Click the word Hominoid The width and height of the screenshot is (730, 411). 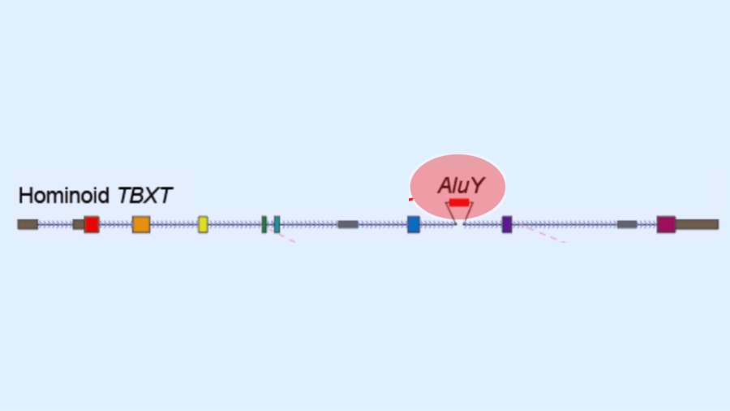coord(63,196)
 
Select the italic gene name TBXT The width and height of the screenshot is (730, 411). coord(145,196)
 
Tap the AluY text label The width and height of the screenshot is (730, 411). coord(461,185)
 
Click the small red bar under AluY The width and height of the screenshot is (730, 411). coord(459,202)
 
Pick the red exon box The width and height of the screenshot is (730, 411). coord(92,224)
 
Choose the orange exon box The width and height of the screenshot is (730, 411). coord(141,224)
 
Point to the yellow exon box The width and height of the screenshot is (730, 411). coord(203,224)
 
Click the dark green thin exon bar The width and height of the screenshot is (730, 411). coord(264,224)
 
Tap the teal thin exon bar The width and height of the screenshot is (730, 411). coord(277,224)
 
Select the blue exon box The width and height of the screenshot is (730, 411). coord(414,224)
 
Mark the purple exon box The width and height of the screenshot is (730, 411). coord(507,224)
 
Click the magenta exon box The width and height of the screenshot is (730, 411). coord(666,224)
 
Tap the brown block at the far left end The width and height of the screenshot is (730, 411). coord(28,224)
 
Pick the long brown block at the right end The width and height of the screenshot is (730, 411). coord(698,224)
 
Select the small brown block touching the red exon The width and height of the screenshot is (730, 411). coord(78,224)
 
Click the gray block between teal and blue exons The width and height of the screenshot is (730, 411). coord(348,224)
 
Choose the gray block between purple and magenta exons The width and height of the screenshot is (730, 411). coord(627,224)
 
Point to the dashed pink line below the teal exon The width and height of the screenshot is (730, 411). coord(287,237)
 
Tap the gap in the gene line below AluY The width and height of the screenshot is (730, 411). coord(460,224)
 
